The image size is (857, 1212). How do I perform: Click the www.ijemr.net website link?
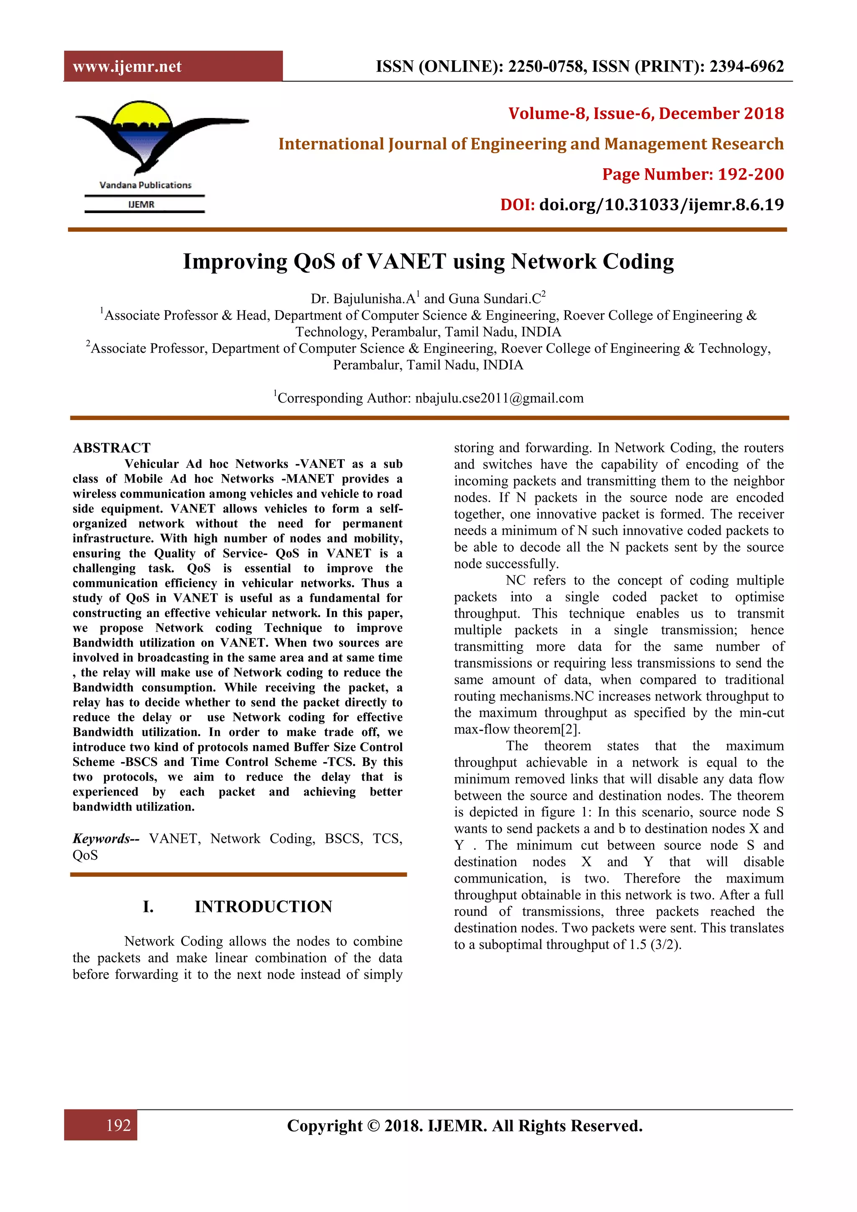(127, 67)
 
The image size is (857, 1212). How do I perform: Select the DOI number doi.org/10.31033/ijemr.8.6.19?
(661, 205)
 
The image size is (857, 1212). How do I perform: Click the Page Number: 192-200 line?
(693, 174)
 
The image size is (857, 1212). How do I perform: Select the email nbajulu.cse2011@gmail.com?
(499, 398)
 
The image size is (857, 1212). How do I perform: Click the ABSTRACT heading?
(111, 448)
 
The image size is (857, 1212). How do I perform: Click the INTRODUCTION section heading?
(263, 907)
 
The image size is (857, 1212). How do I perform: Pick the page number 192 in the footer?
(118, 1125)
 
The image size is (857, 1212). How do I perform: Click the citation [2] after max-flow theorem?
(570, 729)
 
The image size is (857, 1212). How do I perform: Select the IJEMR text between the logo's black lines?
(141, 205)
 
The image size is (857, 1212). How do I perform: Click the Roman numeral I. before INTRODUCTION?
(148, 907)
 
